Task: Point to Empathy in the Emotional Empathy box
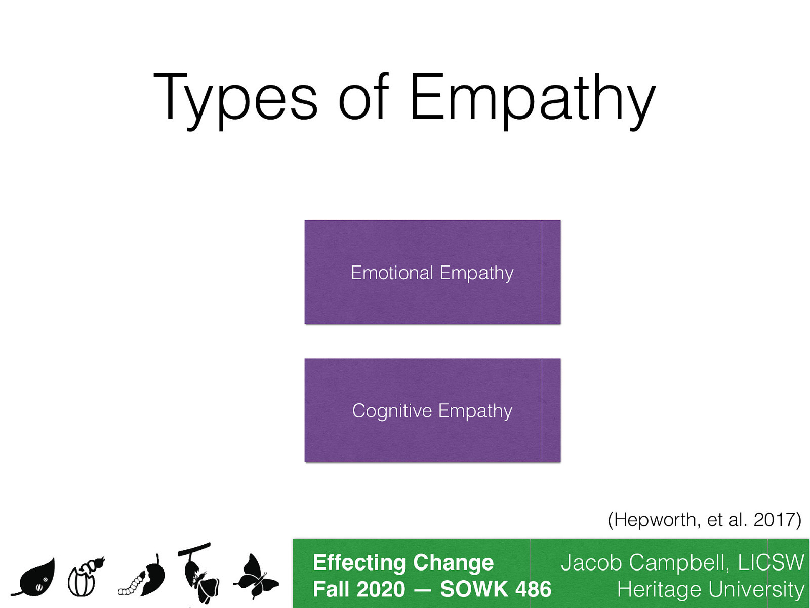click(x=476, y=274)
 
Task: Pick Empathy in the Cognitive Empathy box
click(x=475, y=411)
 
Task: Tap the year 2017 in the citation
click(x=775, y=520)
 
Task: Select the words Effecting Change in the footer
click(x=403, y=563)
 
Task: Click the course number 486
click(x=533, y=589)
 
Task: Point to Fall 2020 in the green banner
click(x=359, y=589)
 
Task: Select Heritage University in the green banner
click(x=710, y=590)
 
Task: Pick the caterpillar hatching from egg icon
click(x=85, y=578)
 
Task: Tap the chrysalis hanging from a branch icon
click(x=198, y=573)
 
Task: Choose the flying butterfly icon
click(x=256, y=578)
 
